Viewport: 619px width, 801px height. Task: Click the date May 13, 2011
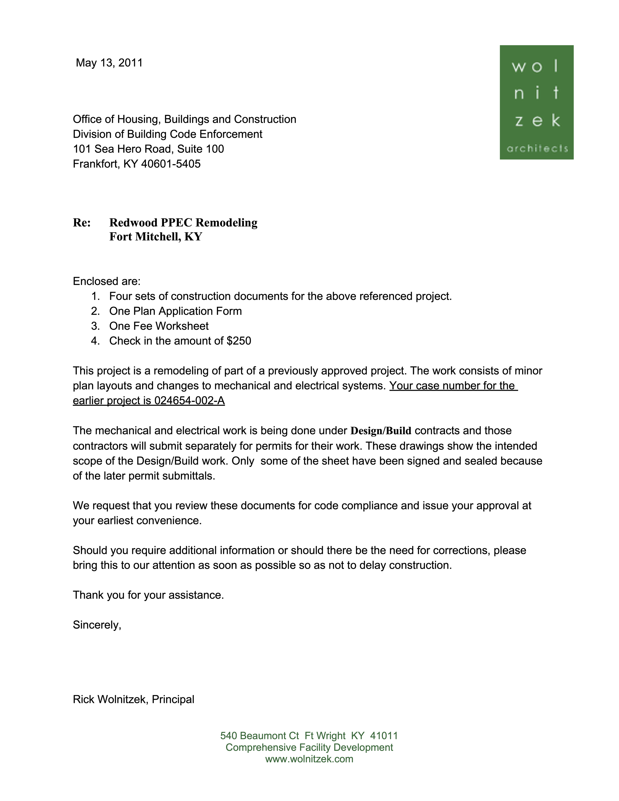[x=109, y=63]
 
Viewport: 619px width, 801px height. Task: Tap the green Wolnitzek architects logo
[x=537, y=102]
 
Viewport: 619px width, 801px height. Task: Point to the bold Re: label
[x=82, y=223]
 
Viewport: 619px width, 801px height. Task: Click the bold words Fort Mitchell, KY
[x=155, y=236]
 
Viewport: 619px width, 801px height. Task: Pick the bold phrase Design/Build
[x=381, y=431]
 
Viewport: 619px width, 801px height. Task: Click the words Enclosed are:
[x=107, y=281]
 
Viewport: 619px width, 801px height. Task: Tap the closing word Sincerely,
[x=97, y=625]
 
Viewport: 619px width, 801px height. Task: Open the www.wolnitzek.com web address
[x=309, y=759]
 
